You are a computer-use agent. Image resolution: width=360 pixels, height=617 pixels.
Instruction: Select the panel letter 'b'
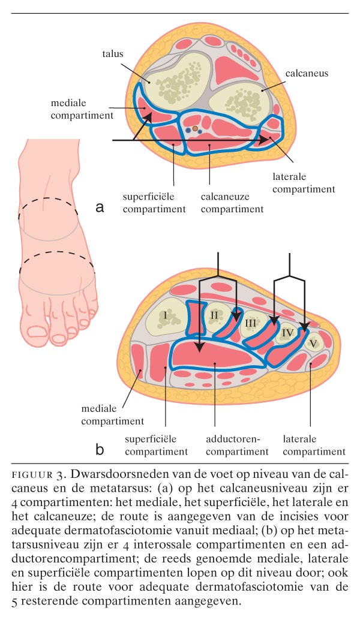[x=100, y=449]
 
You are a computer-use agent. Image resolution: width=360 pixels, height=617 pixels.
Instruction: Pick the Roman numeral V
[x=312, y=344]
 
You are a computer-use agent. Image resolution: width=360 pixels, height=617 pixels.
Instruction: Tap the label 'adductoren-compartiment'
[x=236, y=445]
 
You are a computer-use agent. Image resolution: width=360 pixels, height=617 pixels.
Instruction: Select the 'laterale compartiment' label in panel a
[x=301, y=183]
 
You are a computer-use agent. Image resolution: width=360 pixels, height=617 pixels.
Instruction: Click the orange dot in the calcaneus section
[x=195, y=128]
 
